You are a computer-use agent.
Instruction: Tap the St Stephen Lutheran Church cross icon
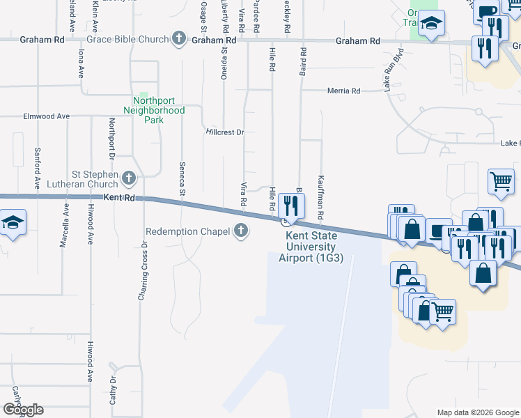(x=128, y=179)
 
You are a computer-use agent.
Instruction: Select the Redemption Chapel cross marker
(x=241, y=231)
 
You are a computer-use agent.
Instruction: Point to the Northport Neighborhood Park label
(x=154, y=110)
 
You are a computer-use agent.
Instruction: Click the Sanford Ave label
(x=37, y=168)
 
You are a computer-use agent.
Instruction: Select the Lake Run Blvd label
(x=393, y=70)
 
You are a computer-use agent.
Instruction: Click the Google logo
(x=23, y=410)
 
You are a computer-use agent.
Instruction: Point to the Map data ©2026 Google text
(x=477, y=412)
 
